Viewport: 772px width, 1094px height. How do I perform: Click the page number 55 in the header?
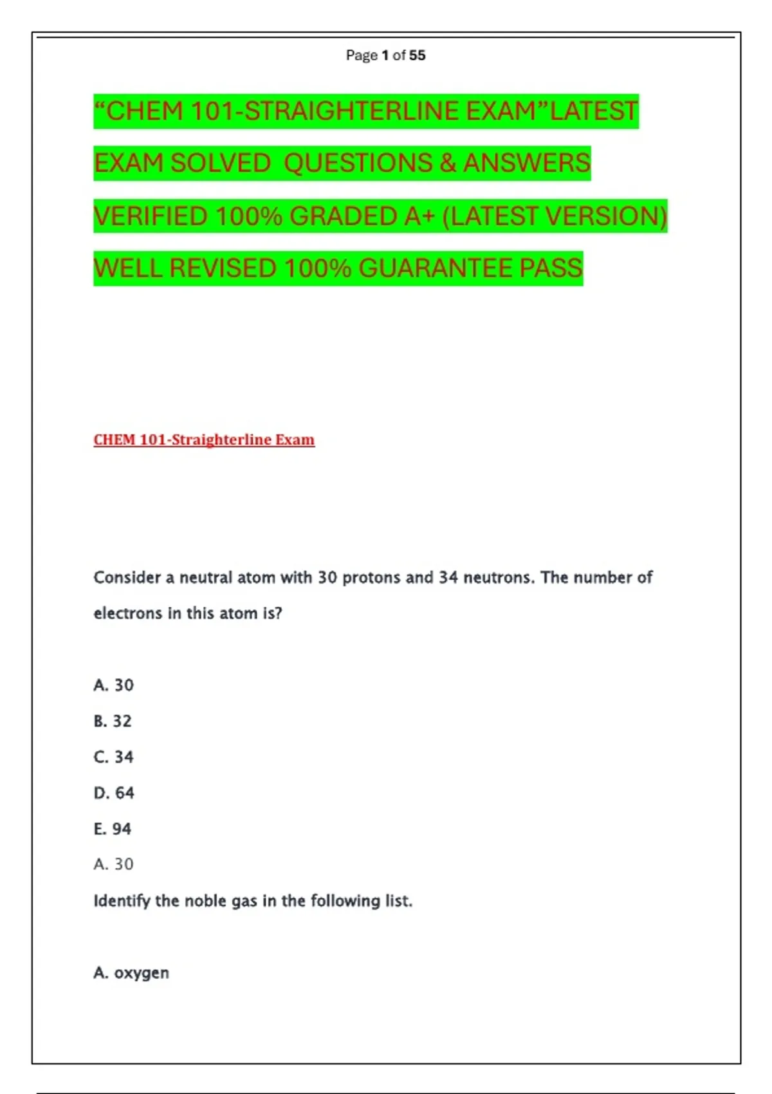coord(417,55)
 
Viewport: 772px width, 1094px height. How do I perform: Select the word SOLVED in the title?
coord(220,163)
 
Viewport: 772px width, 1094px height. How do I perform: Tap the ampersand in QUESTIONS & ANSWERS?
coord(448,163)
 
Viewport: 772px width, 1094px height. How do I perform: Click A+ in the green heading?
coord(419,216)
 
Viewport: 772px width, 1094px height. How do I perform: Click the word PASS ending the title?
coord(551,268)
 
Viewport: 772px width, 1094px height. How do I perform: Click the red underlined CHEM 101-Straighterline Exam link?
coord(204,440)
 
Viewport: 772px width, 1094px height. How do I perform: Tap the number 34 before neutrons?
coord(448,578)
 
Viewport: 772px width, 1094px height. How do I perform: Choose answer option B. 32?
coord(113,721)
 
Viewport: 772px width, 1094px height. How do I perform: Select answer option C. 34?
coord(113,757)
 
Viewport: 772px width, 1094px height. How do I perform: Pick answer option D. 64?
coord(114,793)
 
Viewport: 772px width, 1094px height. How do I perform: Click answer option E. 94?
coord(113,829)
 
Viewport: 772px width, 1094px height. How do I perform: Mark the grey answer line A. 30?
coord(113,864)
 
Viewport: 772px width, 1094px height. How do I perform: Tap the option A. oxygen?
coord(131,973)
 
